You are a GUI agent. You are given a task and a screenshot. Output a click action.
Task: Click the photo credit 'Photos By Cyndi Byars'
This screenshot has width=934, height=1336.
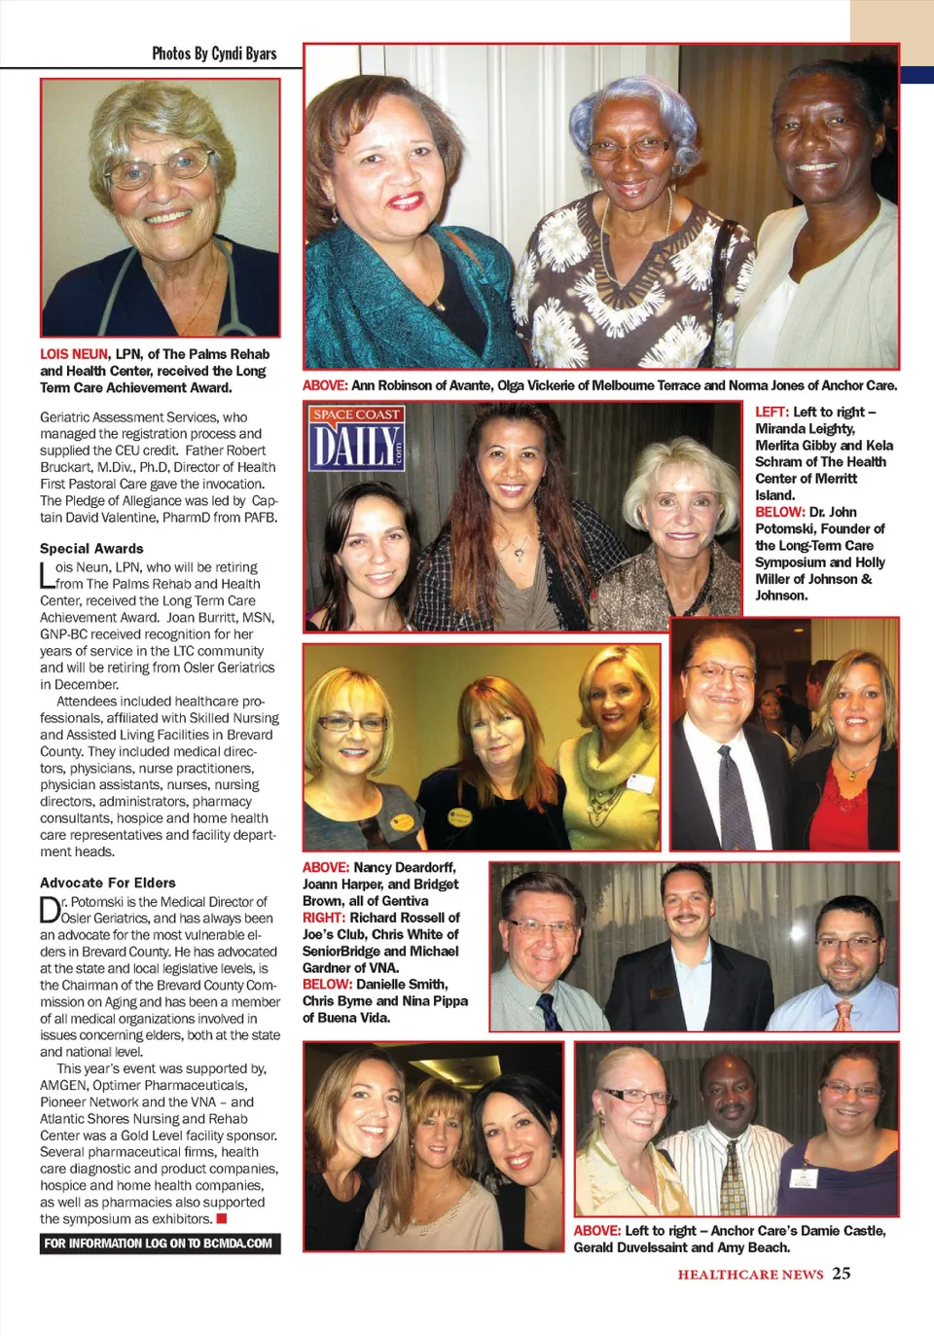tap(214, 54)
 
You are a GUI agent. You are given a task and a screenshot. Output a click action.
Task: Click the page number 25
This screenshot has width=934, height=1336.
tap(842, 1273)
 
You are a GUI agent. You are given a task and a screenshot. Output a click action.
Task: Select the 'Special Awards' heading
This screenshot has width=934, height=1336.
tap(91, 549)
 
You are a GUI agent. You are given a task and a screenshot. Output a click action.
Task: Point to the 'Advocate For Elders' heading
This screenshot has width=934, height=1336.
tap(108, 883)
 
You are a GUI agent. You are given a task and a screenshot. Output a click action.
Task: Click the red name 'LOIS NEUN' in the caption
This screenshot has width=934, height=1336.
tap(74, 354)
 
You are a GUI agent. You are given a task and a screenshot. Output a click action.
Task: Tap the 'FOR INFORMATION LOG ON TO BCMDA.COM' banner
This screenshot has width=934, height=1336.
tap(160, 1244)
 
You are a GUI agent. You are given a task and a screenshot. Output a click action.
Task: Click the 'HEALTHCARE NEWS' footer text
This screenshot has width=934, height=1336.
tap(750, 1275)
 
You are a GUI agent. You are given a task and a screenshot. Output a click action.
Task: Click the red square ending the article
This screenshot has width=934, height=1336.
tap(222, 1218)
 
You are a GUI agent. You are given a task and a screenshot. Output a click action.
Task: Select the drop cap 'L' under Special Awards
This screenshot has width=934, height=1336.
tap(47, 575)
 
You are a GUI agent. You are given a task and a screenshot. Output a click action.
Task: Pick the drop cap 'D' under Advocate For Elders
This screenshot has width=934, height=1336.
tap(50, 910)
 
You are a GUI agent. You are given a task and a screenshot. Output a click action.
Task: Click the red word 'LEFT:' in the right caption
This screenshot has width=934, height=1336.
tap(772, 413)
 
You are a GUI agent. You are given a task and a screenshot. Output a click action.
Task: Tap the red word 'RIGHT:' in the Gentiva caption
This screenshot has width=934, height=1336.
tap(324, 918)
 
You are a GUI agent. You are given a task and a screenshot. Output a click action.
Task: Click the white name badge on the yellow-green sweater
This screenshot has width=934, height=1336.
tap(640, 783)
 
